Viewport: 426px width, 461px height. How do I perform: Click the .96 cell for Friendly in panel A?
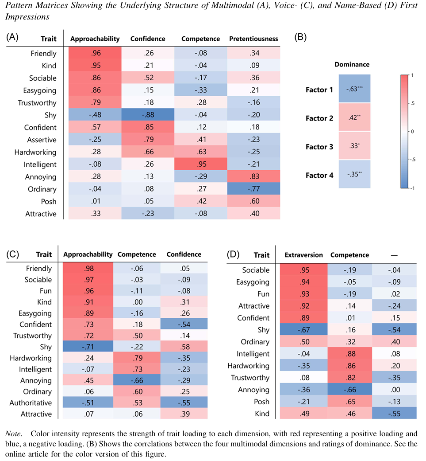point(96,54)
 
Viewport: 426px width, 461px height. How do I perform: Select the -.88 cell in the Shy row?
point(148,115)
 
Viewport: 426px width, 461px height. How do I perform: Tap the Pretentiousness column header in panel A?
point(253,39)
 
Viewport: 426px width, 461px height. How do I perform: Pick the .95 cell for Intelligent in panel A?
point(200,164)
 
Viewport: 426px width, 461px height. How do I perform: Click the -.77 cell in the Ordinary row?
point(254,189)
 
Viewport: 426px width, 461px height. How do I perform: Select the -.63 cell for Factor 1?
point(355,89)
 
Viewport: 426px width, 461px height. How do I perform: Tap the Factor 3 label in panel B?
point(319,147)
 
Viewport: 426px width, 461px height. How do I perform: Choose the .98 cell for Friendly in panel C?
point(88,269)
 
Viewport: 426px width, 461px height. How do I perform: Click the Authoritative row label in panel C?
point(31,403)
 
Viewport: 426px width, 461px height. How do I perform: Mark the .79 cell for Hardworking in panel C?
point(136,358)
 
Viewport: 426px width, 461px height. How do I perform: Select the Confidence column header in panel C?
point(184,254)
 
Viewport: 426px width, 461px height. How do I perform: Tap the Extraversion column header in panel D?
point(303,255)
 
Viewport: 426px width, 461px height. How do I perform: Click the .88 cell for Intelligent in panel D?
point(349,354)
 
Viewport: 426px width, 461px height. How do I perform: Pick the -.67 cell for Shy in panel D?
point(303,330)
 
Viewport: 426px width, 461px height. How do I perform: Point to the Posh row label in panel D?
point(261,402)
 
